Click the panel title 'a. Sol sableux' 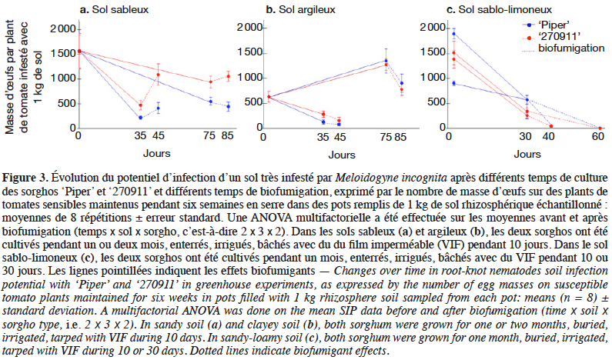click(x=115, y=9)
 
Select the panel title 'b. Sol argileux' click(x=300, y=9)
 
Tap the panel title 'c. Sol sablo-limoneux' click(x=499, y=9)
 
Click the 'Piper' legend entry click(x=546, y=25)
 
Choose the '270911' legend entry click(x=551, y=37)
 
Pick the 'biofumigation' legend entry click(x=564, y=48)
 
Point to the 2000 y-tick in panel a click(x=63, y=29)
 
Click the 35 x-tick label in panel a click(x=140, y=135)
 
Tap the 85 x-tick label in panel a click(x=227, y=135)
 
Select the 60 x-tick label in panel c click(x=597, y=136)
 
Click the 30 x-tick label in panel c click(x=525, y=136)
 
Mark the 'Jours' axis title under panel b click(x=342, y=155)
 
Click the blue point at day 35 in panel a click(x=141, y=118)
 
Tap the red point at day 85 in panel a click(x=229, y=76)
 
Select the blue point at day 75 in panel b click(x=386, y=61)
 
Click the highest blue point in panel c click(x=453, y=34)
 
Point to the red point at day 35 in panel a click(x=141, y=105)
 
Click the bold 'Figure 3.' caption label click(x=25, y=178)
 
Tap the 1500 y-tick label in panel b click(x=249, y=52)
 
